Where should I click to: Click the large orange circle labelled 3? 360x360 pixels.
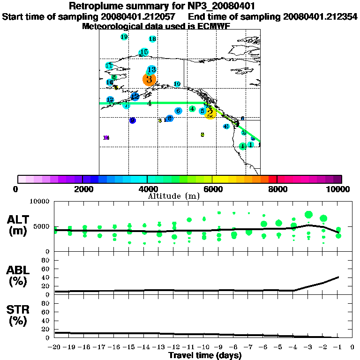(x=149, y=79)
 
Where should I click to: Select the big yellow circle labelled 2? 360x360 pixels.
(x=210, y=113)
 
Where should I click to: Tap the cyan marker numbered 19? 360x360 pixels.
(x=124, y=37)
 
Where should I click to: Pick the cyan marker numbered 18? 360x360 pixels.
(x=152, y=39)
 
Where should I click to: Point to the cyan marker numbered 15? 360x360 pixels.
(x=144, y=52)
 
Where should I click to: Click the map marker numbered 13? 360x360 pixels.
(x=151, y=69)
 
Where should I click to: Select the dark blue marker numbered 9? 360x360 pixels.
(x=133, y=120)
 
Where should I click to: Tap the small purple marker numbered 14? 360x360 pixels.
(x=106, y=138)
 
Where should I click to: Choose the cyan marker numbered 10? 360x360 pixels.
(x=177, y=84)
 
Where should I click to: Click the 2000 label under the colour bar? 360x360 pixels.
(x=82, y=189)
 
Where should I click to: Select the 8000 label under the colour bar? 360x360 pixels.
(x=277, y=189)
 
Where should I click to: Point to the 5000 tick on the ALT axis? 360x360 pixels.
(x=43, y=227)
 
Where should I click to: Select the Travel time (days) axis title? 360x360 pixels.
(x=205, y=356)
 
